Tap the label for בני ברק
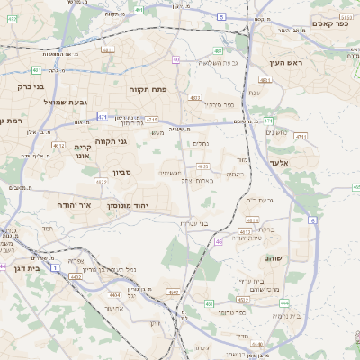(x=31, y=88)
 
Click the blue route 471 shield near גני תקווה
(x=103, y=117)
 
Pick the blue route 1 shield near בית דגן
(x=54, y=267)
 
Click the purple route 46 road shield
(x=219, y=241)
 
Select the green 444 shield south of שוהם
(x=259, y=344)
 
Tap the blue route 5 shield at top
(x=221, y=16)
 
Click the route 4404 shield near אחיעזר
(x=114, y=294)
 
